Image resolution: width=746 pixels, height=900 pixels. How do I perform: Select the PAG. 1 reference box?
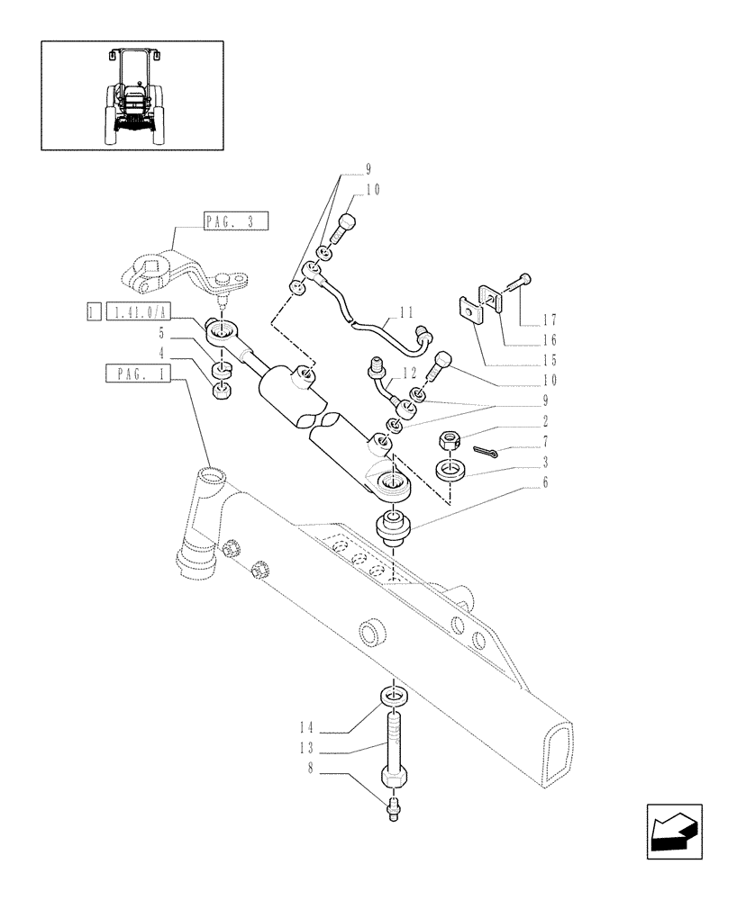(x=138, y=373)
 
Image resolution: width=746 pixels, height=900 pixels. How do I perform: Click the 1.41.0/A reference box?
(x=137, y=312)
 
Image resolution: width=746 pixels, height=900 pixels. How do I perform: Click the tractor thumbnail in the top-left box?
(x=132, y=94)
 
